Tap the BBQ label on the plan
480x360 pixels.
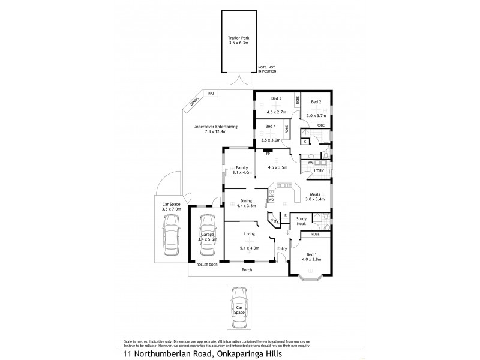(210, 94)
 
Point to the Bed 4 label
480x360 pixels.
(270, 127)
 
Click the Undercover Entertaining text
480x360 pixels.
(215, 127)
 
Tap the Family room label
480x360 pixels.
(242, 168)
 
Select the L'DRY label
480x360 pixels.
(319, 172)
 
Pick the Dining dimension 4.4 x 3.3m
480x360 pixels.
(247, 206)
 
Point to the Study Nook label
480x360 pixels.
(301, 221)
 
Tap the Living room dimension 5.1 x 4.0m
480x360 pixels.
(250, 247)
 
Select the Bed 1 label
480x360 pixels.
(310, 253)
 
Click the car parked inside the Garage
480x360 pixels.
(208, 237)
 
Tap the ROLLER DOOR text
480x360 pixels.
(206, 264)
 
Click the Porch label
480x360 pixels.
(247, 269)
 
